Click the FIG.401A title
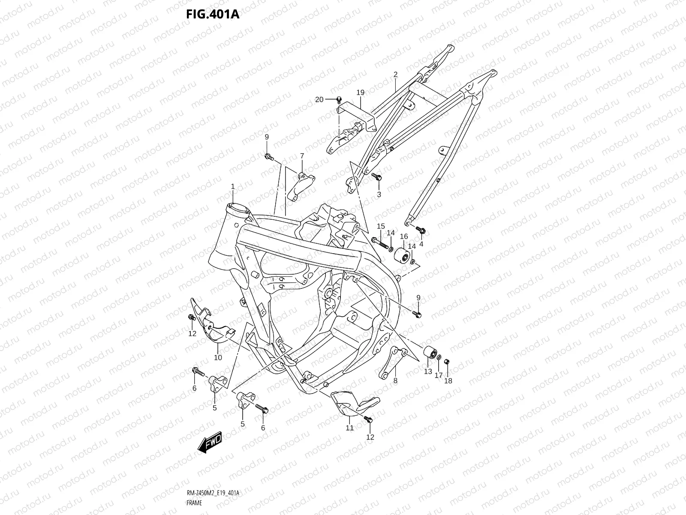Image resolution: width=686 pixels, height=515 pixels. click(x=212, y=14)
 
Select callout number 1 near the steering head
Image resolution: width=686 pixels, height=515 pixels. click(x=233, y=187)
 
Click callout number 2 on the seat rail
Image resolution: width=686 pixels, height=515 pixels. click(x=395, y=74)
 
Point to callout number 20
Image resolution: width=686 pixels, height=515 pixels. click(x=319, y=100)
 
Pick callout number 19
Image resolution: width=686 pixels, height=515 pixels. click(x=360, y=92)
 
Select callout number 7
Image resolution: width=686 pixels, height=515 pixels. click(x=302, y=155)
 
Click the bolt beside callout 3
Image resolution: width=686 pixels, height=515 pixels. click(x=377, y=177)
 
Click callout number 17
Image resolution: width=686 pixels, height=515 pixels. click(x=439, y=375)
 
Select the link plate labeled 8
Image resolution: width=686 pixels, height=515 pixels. click(x=388, y=363)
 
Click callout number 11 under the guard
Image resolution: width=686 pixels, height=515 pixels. click(x=349, y=427)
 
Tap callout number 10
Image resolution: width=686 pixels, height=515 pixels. click(x=218, y=357)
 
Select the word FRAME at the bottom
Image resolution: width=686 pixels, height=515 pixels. click(x=194, y=503)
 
